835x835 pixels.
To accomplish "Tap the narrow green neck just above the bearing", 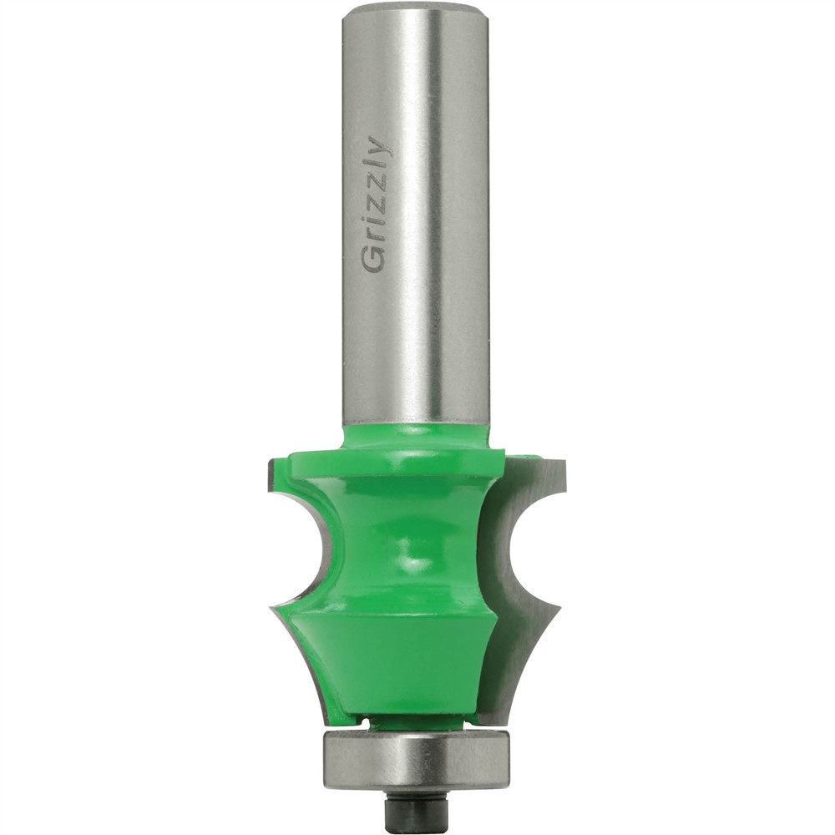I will (x=414, y=720).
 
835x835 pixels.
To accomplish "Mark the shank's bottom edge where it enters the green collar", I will (x=414, y=423).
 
